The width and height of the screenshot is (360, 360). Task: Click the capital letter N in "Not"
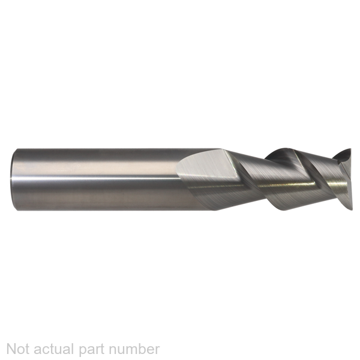point(11,349)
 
